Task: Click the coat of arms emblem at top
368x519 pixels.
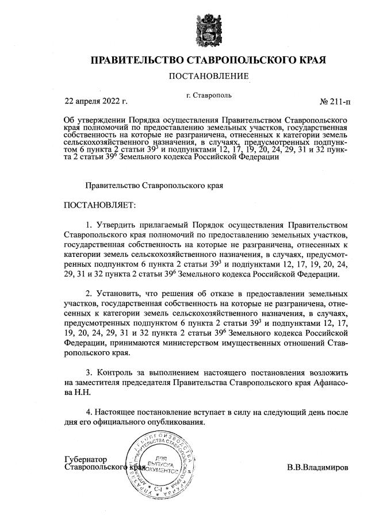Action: tap(209, 29)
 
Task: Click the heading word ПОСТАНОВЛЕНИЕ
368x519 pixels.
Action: tap(209, 76)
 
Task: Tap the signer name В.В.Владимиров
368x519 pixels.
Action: tap(318, 467)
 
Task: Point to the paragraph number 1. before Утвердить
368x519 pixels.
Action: tap(89, 225)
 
